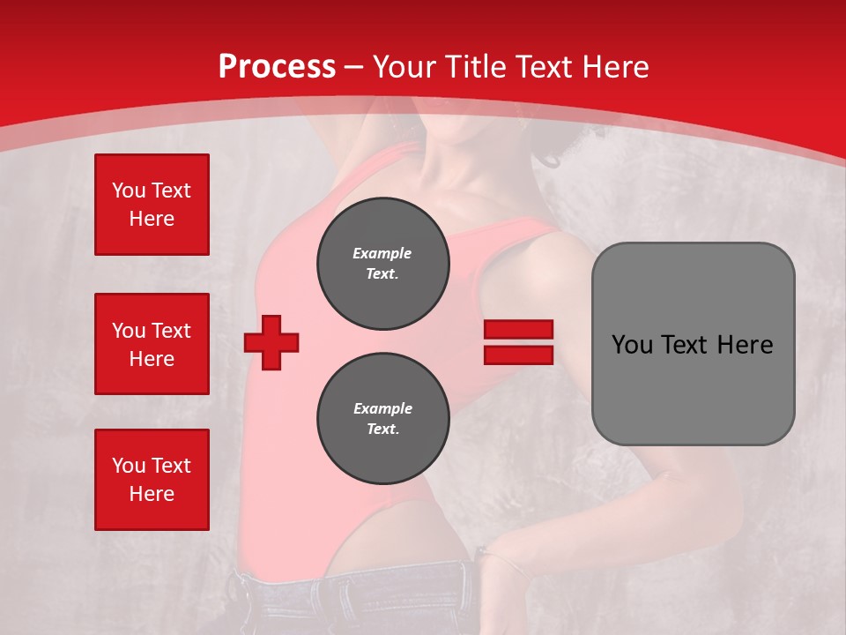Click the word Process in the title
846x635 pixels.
(277, 67)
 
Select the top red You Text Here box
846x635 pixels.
(152, 205)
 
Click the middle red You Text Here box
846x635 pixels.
(152, 344)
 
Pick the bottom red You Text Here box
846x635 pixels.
(152, 480)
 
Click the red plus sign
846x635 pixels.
(271, 342)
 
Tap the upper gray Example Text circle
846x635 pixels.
(382, 263)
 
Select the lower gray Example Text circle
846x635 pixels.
(382, 419)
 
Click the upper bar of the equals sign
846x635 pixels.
(518, 329)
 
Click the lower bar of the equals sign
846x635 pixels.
(518, 355)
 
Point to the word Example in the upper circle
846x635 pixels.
(382, 253)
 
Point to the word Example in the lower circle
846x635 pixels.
(382, 408)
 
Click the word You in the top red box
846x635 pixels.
(129, 190)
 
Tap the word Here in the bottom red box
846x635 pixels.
(152, 494)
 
